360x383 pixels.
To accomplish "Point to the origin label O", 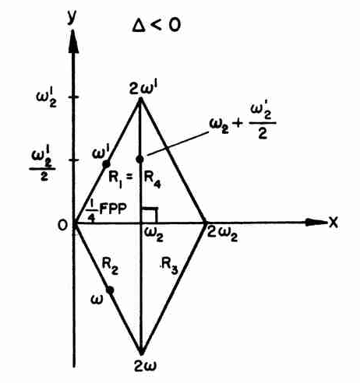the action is (63, 225).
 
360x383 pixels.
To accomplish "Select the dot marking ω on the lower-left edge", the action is (110, 290).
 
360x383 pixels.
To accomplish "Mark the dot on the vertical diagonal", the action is (140, 159).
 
